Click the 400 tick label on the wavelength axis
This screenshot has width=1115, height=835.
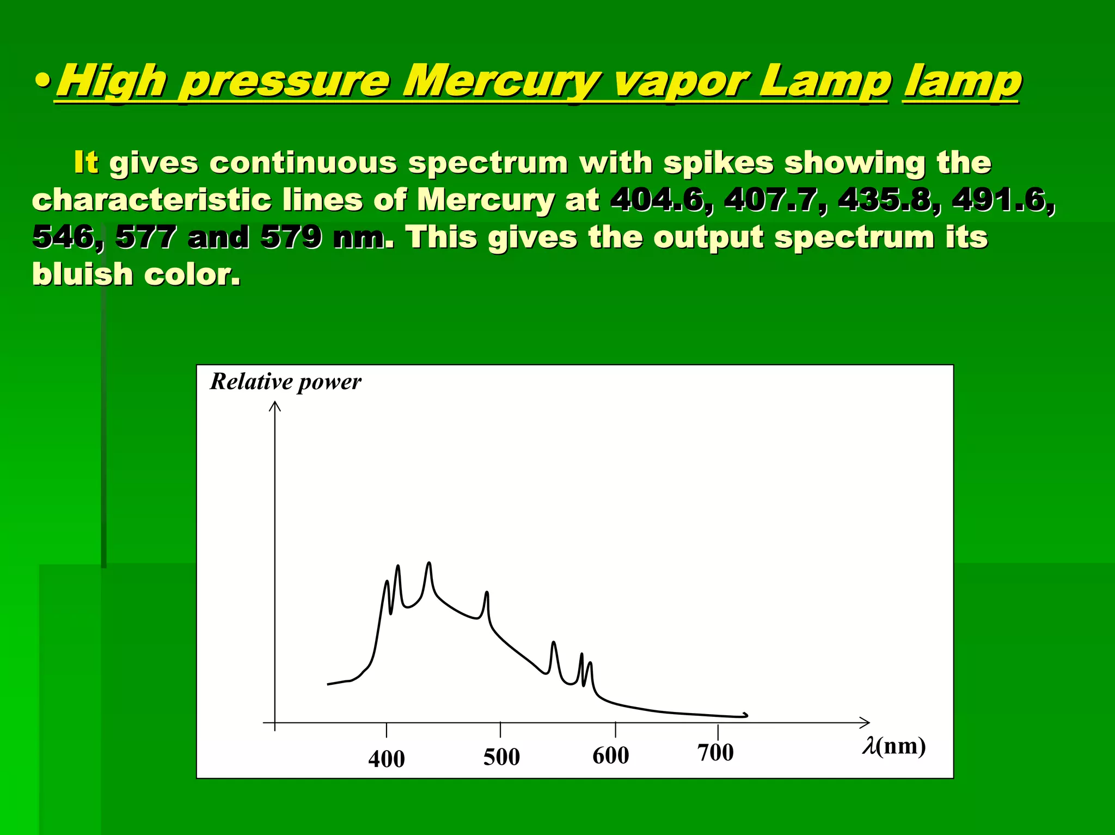[386, 759]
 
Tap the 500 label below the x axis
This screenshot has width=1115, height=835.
[501, 757]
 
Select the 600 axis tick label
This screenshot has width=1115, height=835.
[610, 755]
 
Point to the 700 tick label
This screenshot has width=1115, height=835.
[715, 752]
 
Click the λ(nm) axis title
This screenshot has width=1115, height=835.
[893, 746]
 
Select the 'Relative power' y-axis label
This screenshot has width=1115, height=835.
[285, 382]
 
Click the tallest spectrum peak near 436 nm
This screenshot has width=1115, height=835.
[429, 564]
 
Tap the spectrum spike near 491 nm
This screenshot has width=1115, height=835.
[487, 593]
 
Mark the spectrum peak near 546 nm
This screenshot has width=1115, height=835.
[554, 644]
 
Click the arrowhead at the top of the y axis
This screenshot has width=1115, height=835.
[275, 406]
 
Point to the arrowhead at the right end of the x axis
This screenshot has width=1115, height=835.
[865, 722]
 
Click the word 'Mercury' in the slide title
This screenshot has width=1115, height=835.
[501, 82]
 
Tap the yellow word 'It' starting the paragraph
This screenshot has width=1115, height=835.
[85, 162]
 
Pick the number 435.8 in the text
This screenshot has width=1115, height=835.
[885, 200]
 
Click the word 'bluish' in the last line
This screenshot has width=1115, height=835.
[82, 274]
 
